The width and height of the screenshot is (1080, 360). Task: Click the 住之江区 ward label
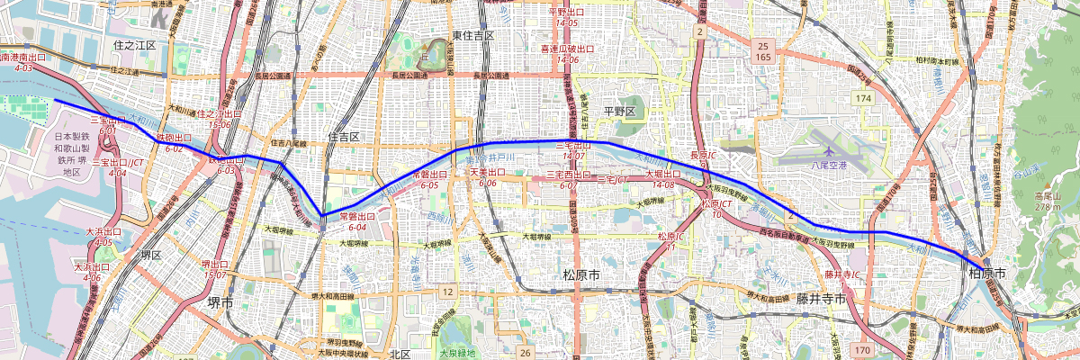click(x=134, y=44)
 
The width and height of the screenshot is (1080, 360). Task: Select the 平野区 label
click(x=619, y=111)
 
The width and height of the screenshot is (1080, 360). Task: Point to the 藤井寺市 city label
click(x=821, y=298)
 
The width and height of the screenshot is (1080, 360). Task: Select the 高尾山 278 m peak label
click(x=1049, y=202)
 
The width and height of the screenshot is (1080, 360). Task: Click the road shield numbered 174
click(x=865, y=97)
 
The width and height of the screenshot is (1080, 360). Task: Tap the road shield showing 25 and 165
click(x=762, y=51)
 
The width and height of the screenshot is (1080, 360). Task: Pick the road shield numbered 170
click(x=862, y=348)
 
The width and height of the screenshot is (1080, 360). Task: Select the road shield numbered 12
click(x=447, y=292)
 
